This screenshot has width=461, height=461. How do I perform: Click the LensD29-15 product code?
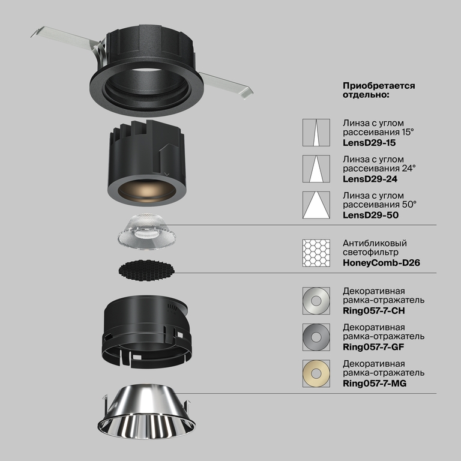369,143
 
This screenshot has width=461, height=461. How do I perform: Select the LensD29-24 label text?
369,179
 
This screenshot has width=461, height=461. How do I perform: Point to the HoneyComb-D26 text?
381,263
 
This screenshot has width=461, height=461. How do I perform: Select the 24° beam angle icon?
316,169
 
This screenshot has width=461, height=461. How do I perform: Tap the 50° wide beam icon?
316,205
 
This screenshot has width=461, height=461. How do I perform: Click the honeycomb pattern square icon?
316,253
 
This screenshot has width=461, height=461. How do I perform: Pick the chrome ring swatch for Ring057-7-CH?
316,300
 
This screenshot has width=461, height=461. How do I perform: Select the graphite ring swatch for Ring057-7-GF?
316,336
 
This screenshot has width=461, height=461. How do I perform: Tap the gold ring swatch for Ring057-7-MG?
316,372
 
